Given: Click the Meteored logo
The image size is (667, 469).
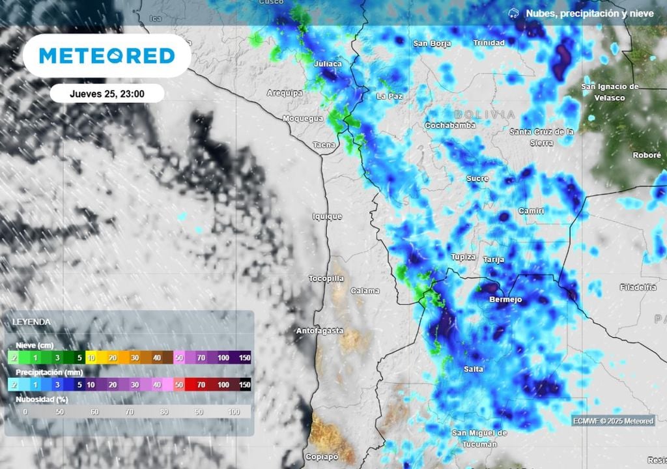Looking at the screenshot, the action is pyautogui.click(x=107, y=56).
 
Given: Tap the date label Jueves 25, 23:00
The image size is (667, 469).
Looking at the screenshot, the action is pyautogui.click(x=107, y=94).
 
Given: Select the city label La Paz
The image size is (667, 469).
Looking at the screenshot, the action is pyautogui.click(x=390, y=96).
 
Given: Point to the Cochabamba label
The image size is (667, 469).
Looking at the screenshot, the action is pyautogui.click(x=450, y=125).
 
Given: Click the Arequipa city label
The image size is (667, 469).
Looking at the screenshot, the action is pyautogui.click(x=285, y=93).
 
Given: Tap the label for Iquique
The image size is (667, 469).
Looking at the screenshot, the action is pyautogui.click(x=327, y=216).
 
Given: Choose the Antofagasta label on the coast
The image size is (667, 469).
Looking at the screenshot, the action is pyautogui.click(x=320, y=331).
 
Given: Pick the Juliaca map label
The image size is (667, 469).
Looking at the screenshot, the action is pyautogui.click(x=328, y=64).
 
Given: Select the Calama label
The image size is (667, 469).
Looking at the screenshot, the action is pyautogui.click(x=365, y=291).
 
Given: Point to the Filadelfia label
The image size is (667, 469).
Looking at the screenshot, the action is pyautogui.click(x=638, y=287).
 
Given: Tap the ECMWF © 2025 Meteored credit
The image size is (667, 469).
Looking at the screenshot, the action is pyautogui.click(x=613, y=421).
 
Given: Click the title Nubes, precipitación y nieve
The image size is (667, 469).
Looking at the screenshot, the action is pyautogui.click(x=589, y=13).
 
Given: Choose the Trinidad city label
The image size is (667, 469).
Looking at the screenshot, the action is pyautogui.click(x=489, y=43).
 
